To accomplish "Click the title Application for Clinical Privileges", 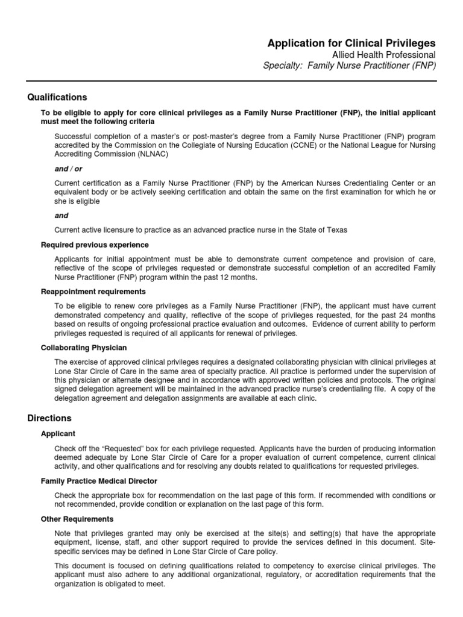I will tap(351, 43).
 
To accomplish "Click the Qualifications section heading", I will tap(57, 97).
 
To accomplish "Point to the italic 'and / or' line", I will tap(68, 169).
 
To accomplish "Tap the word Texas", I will tap(335, 230).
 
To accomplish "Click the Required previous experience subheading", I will tap(95, 245).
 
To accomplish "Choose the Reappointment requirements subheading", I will tap(93, 292).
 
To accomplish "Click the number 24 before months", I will tap(398, 315).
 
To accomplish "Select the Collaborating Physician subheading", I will tap(84, 348).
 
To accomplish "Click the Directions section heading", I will tap(49, 418).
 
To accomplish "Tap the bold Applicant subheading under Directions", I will tap(58, 433).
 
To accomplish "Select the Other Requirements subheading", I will tap(77, 519).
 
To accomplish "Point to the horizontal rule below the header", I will tap(231, 80).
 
